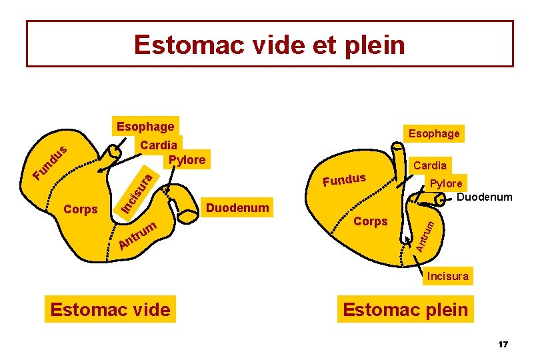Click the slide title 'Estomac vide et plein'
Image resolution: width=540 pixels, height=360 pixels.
click(269, 45)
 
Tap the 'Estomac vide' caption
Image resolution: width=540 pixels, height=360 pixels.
click(110, 309)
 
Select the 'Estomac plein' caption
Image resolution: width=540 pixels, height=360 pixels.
click(405, 309)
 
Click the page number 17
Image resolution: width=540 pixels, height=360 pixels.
click(503, 345)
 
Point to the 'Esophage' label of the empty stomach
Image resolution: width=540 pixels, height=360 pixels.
click(145, 127)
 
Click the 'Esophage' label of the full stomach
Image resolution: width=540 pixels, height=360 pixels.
click(434, 133)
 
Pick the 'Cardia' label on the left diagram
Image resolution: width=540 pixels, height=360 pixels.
click(159, 145)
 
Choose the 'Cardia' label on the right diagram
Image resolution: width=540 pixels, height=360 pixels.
click(430, 165)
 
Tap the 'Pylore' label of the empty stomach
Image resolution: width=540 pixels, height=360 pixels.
click(187, 160)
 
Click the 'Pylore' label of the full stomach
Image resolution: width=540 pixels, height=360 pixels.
click(446, 183)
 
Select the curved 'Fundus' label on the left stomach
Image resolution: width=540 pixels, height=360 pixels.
click(51, 164)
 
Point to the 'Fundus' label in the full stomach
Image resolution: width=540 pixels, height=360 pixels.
click(344, 179)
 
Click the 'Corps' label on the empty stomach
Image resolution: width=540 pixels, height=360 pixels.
click(80, 209)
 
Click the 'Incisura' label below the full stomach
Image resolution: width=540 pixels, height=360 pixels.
click(447, 276)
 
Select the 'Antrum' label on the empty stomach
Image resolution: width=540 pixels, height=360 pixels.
click(138, 236)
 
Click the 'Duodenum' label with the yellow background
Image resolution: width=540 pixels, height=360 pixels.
click(238, 208)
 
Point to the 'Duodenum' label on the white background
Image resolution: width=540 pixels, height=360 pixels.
click(485, 197)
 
